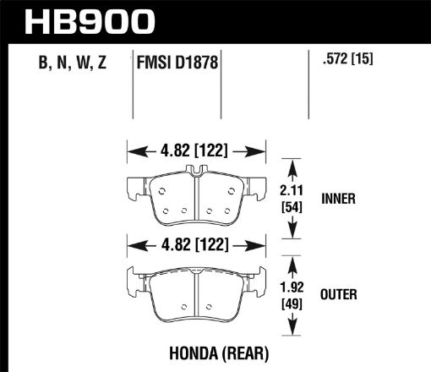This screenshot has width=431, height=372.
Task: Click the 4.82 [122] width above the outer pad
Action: click(196, 247)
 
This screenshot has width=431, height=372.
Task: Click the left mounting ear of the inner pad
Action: click(134, 187)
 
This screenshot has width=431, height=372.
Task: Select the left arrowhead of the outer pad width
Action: click(131, 247)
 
